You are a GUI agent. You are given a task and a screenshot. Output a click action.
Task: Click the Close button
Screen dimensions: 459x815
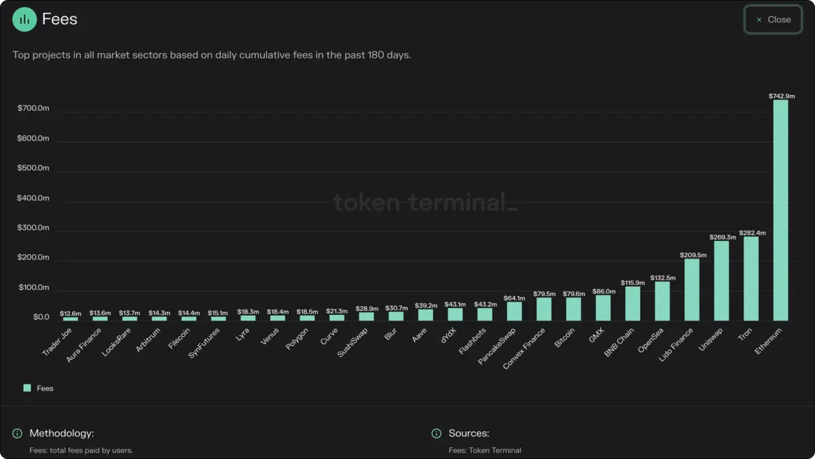[x=773, y=20]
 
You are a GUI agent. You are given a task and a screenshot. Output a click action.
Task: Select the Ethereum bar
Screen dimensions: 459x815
[x=780, y=210]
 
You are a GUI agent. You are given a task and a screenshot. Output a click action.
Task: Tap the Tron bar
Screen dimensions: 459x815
[x=750, y=278]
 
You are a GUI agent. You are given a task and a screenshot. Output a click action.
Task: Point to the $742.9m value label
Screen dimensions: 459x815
[x=781, y=96]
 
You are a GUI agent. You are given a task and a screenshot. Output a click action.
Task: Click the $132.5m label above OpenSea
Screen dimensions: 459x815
[x=662, y=278]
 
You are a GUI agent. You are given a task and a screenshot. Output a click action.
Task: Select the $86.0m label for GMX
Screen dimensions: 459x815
[x=603, y=291]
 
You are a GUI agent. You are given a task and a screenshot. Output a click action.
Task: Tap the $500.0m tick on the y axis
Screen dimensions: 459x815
[x=33, y=168]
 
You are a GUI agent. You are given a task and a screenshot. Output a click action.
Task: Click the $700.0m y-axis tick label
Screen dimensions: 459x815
[x=33, y=109]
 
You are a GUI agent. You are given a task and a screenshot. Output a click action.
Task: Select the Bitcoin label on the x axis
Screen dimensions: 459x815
[x=564, y=338]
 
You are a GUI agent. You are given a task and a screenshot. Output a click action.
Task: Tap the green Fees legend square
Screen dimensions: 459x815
[x=27, y=388]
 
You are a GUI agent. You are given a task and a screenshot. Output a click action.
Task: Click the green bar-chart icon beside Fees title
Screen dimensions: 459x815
[x=24, y=19]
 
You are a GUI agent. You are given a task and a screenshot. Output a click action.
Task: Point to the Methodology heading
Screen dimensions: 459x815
[x=61, y=433]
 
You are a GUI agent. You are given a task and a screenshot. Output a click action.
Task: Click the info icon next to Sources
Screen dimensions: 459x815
[x=436, y=433]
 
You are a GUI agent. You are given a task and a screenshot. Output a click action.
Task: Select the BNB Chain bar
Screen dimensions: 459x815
[x=632, y=304]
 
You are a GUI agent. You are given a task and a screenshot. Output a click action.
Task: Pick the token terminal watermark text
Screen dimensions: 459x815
[x=424, y=202]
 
